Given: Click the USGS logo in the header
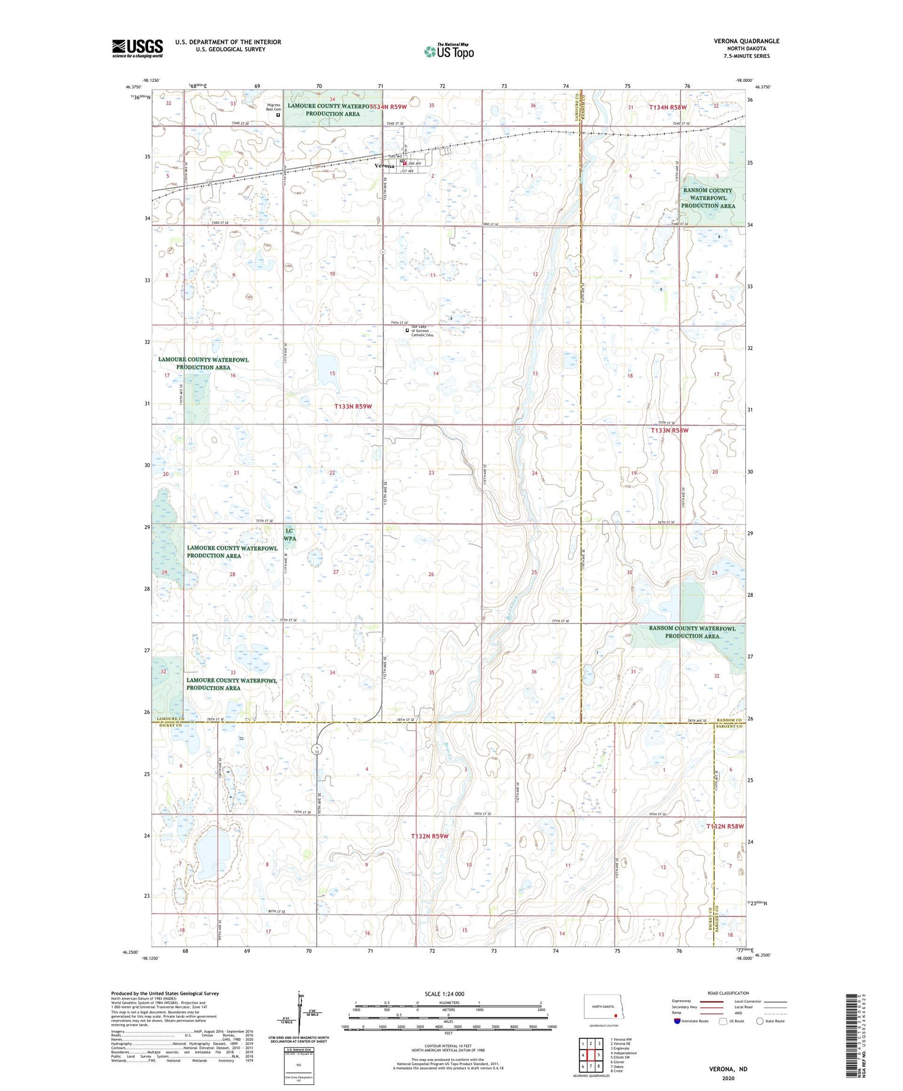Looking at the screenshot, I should click(137, 48).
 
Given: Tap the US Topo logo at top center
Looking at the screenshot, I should click(448, 51).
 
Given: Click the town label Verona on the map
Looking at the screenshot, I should click(384, 165).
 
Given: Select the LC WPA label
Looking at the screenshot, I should click(290, 534).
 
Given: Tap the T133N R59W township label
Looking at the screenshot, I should click(353, 406).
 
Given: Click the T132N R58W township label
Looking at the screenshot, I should click(725, 827).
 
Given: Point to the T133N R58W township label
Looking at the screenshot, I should click(669, 430).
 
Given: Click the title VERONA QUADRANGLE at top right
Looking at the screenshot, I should click(746, 41).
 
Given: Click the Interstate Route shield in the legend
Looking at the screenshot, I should click(677, 1021).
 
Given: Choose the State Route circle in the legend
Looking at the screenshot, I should click(760, 1021).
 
